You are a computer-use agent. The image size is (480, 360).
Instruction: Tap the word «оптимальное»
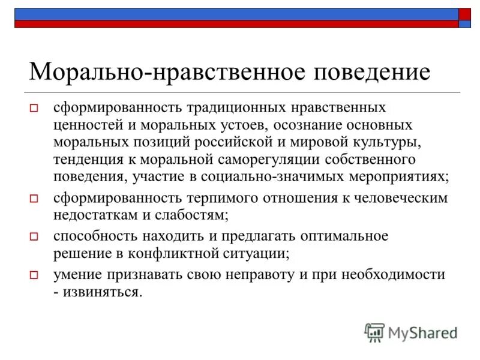coord(337,236)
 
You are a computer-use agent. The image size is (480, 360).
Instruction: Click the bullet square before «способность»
coord(34,236)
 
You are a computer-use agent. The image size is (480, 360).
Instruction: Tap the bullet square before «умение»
coord(34,275)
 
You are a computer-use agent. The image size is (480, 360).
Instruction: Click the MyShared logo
coord(412,332)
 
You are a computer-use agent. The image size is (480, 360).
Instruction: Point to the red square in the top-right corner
coord(465,14)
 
